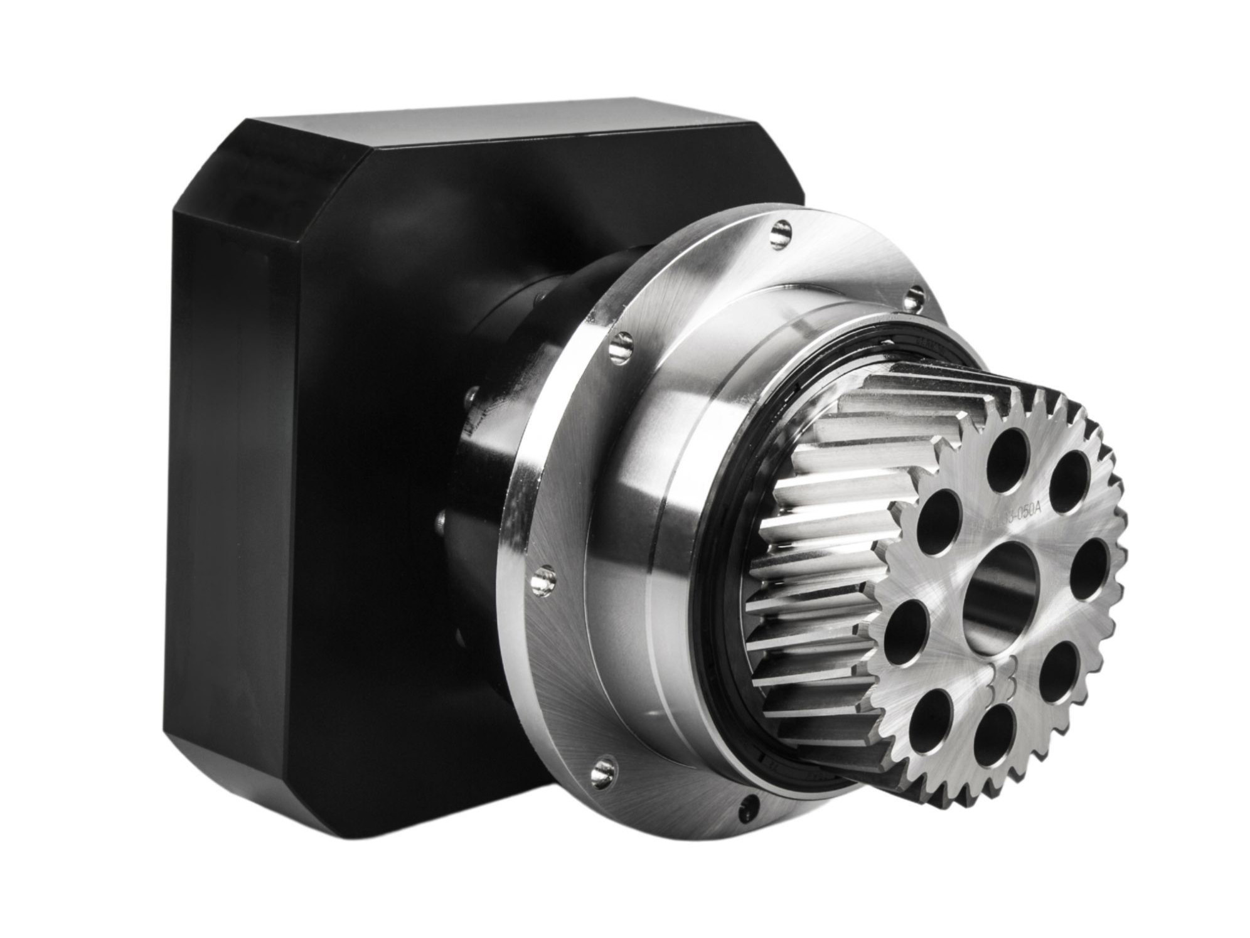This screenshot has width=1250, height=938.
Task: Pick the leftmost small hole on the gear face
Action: tap(907, 631)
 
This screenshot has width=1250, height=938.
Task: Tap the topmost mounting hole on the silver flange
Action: tap(781, 232)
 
